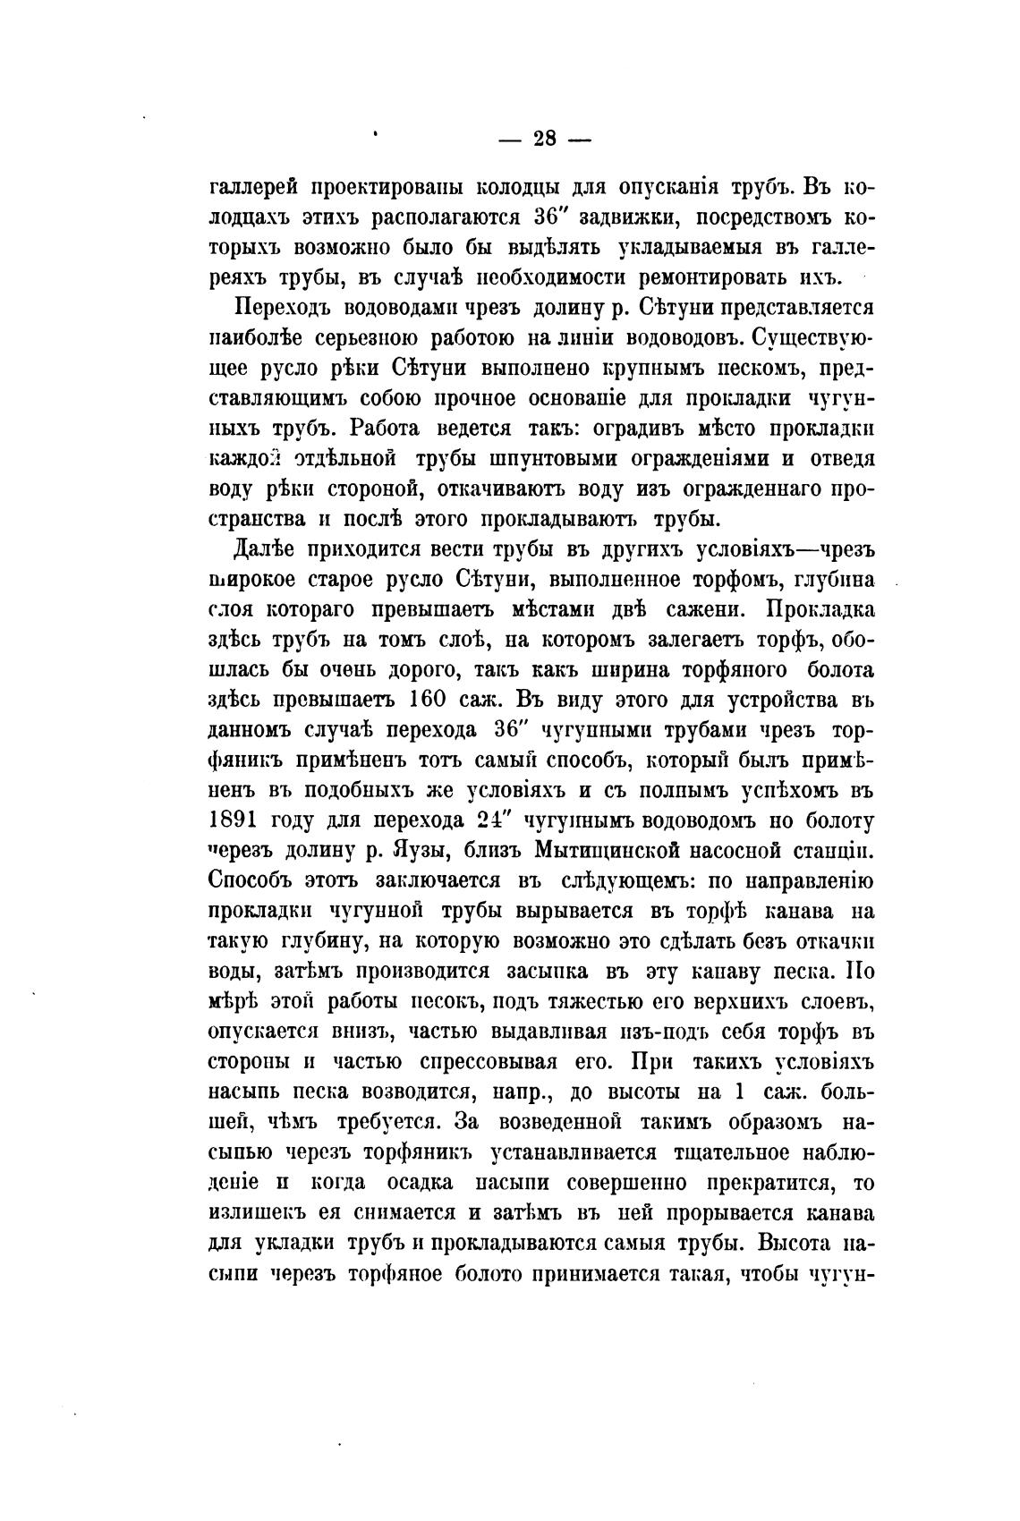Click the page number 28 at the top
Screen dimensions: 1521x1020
pos(544,139)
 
